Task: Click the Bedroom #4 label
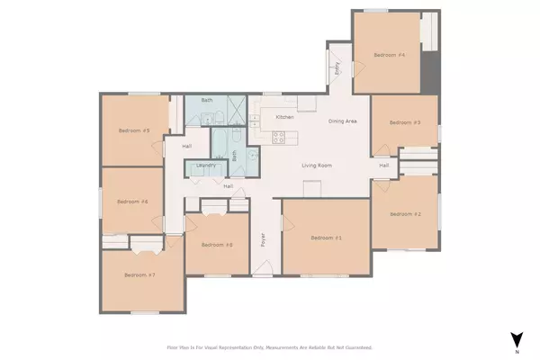coord(390,56)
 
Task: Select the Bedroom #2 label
coord(404,213)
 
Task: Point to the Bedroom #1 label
coord(326,238)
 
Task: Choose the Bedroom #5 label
coord(133,130)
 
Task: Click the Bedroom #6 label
coord(131,202)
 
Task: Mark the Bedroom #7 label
coord(140,274)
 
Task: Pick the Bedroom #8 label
coord(217,244)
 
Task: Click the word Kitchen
coord(285,117)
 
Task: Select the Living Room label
coord(317,166)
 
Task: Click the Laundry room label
coord(202,167)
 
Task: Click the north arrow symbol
coord(516,340)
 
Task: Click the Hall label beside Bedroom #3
coord(383,166)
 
